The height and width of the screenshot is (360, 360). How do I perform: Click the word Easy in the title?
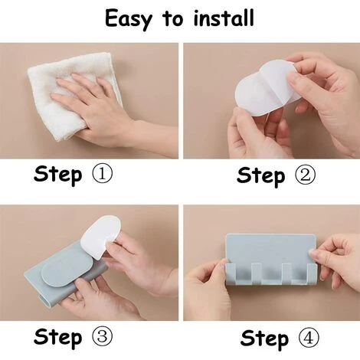click(128, 19)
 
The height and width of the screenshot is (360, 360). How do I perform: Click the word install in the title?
click(224, 18)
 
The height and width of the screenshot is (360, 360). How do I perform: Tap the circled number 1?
click(102, 174)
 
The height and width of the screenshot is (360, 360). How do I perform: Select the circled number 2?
click(305, 175)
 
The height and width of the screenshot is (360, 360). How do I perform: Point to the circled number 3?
click(102, 336)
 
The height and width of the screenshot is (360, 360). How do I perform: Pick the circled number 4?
click(309, 339)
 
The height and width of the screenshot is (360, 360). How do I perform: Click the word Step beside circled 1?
click(58, 175)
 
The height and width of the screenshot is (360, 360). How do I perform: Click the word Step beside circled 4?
click(264, 339)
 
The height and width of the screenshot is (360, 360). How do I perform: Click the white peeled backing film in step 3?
click(101, 236)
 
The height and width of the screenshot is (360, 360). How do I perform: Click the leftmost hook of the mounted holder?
click(231, 273)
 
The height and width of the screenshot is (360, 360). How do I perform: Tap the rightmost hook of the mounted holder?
click(312, 273)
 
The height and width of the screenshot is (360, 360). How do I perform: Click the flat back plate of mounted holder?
click(270, 249)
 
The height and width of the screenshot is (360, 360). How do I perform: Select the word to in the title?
click(172, 19)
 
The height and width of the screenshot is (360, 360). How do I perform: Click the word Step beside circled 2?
click(260, 176)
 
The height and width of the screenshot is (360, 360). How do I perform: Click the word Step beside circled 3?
click(58, 337)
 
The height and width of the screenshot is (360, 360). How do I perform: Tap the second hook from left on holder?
click(257, 273)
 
